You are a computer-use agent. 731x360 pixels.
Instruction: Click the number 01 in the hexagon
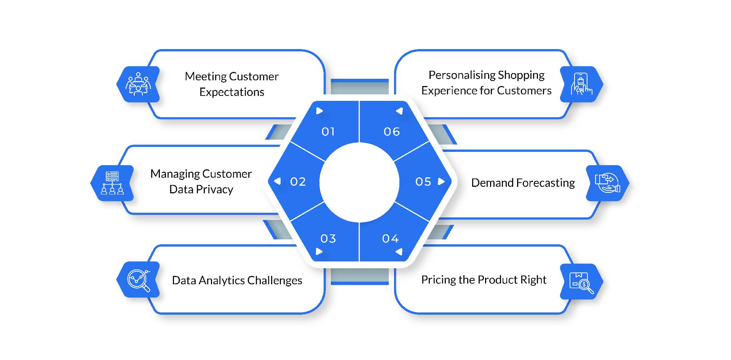[328, 132]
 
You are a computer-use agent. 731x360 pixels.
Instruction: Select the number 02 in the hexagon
[298, 182]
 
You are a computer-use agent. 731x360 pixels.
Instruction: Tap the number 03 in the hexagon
[328, 239]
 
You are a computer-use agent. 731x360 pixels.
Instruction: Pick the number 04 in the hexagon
[390, 239]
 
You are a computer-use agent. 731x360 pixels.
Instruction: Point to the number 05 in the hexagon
[423, 182]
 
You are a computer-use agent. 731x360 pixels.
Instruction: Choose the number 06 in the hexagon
[391, 132]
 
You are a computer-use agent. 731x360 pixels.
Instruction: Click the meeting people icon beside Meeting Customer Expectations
[138, 84]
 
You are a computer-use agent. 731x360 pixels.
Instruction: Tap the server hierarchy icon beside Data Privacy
[112, 183]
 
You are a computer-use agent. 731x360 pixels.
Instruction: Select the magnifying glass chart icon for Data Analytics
[138, 280]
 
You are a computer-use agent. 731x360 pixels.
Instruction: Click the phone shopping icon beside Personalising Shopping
[581, 84]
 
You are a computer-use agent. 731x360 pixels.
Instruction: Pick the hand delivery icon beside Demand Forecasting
[607, 183]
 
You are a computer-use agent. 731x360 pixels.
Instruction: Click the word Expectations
[231, 92]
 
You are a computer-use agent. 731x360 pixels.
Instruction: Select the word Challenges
[275, 280]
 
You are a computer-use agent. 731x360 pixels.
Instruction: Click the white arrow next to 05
[441, 182]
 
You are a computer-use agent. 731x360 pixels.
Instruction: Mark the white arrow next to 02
[278, 181]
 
